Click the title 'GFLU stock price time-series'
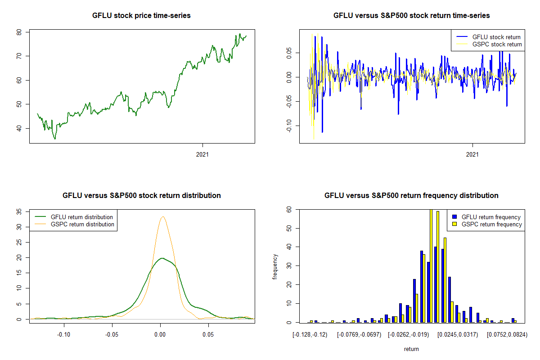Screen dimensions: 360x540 [x=141, y=16]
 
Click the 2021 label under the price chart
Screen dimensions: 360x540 [x=203, y=154]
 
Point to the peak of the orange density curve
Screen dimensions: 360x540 [x=162, y=217]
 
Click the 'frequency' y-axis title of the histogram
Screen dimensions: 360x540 [x=275, y=267]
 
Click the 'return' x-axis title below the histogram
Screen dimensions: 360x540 [x=411, y=349]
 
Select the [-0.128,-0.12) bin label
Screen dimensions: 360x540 [x=310, y=334]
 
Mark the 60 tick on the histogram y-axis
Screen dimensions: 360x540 [x=289, y=210]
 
